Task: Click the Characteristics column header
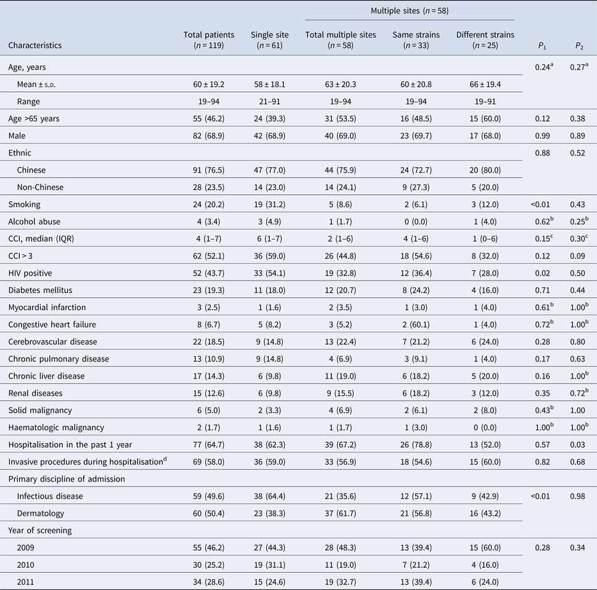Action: click(35, 45)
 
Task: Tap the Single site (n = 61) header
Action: click(270, 39)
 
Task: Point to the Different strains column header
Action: click(485, 39)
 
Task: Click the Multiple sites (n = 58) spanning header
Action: click(409, 11)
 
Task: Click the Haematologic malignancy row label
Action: click(55, 427)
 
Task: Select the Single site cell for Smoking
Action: click(270, 203)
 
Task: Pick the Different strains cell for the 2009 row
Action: click(485, 548)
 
